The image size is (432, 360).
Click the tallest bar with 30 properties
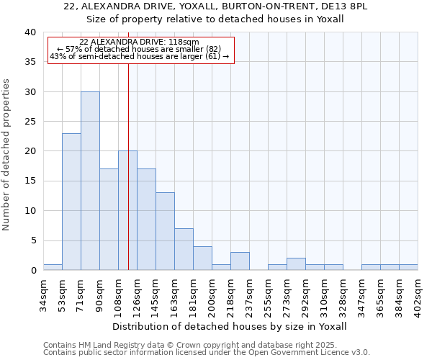[x=90, y=181]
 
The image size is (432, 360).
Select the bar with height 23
[x=71, y=202]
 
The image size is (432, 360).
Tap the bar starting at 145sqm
[x=165, y=231]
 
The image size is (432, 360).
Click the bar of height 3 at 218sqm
[x=240, y=261]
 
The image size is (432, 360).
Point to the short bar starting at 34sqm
[x=53, y=267]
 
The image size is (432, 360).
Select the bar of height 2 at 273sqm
[x=296, y=264]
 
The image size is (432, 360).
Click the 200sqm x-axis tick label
[x=212, y=294]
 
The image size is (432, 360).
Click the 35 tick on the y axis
[x=31, y=62]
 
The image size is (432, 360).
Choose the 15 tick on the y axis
[x=31, y=181]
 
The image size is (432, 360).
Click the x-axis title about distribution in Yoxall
[x=230, y=326]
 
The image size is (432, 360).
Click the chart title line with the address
[x=215, y=6]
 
